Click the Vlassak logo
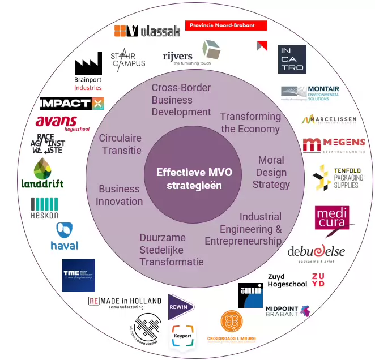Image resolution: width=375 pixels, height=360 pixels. coord(147,31)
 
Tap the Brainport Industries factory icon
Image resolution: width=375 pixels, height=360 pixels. coord(88,67)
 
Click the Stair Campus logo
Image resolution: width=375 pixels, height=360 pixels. coord(127,59)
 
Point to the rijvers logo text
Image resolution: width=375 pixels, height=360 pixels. coord(177,57)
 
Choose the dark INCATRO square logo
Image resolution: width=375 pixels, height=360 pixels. coord(292,59)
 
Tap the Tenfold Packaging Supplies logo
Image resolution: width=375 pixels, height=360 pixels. coord(338,178)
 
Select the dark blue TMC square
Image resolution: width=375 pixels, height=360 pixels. coord(78,275)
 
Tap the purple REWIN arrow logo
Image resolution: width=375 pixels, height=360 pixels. coord(181,307)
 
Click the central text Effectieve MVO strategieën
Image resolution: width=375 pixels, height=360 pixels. coord(190,179)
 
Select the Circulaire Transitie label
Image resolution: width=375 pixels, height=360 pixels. coord(120,144)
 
